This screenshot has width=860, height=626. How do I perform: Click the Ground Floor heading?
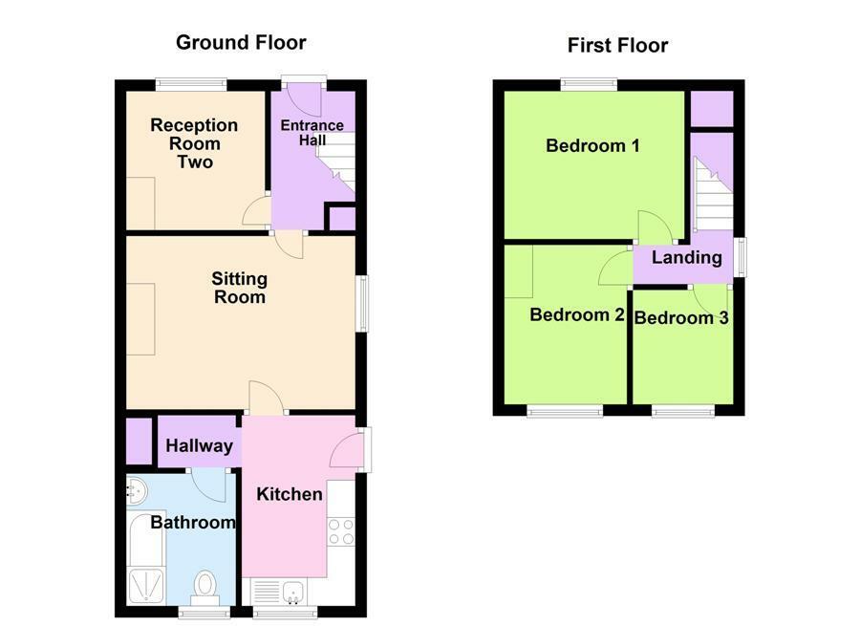241,42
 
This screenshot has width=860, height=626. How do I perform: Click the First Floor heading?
617,45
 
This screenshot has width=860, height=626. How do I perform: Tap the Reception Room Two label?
194,143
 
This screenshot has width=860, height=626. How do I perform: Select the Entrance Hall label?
312,133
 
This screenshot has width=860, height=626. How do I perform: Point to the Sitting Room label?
239,288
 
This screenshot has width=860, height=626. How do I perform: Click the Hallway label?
199,445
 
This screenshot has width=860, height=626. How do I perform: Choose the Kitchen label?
290,493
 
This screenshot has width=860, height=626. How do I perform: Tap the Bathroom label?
192,522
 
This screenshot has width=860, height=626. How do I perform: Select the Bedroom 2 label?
577,315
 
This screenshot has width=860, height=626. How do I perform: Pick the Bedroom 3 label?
681,317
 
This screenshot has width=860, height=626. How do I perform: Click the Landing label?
686,257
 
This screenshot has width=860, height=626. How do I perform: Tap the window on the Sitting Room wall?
361,305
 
